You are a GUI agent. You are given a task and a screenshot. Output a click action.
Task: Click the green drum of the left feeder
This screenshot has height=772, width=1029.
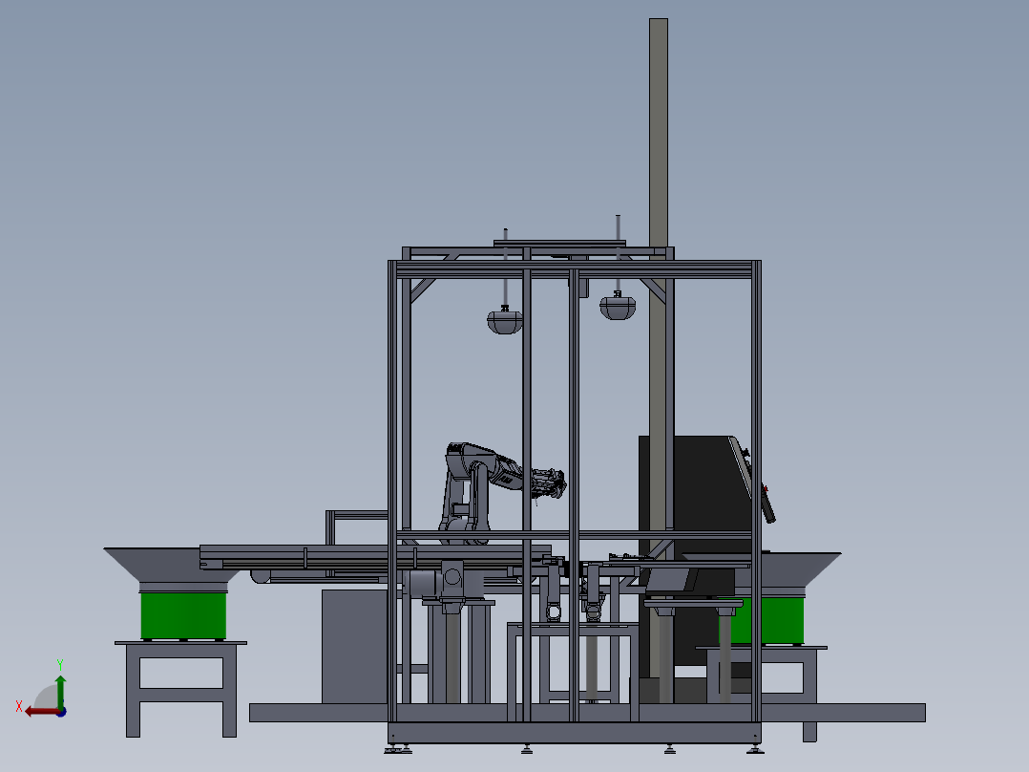point(183,615)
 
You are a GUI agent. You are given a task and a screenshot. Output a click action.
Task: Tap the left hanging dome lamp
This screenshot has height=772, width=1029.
point(505,321)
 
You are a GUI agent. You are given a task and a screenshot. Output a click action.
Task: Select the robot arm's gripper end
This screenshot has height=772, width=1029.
point(550,482)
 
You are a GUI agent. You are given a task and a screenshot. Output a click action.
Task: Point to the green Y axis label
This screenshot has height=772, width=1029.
point(60,665)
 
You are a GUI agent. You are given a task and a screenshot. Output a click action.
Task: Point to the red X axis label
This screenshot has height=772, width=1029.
point(19,706)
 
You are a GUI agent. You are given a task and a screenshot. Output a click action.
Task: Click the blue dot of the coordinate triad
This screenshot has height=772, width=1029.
point(61,712)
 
